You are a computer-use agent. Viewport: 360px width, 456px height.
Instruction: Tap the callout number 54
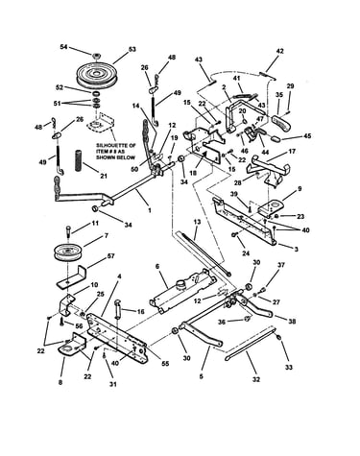pyautogui.click(x=64, y=47)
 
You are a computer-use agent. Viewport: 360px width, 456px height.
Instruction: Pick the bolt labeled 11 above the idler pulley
pyautogui.click(x=69, y=230)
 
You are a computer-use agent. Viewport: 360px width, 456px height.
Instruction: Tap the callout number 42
pyautogui.click(x=279, y=51)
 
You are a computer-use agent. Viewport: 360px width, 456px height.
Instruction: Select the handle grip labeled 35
pyautogui.click(x=282, y=123)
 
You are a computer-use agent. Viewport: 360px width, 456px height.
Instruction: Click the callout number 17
pyautogui.click(x=292, y=151)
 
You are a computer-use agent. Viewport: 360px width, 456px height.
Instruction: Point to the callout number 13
pyautogui.click(x=197, y=222)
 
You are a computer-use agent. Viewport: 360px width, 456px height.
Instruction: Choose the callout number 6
pyautogui.click(x=156, y=266)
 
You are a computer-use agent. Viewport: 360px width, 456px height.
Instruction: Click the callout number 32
pyautogui.click(x=256, y=379)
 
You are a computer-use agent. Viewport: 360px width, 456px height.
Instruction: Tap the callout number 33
pyautogui.click(x=289, y=368)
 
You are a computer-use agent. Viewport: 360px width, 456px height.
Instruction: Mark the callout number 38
pyautogui.click(x=292, y=322)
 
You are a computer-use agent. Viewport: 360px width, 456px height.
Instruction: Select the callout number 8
pyautogui.click(x=60, y=382)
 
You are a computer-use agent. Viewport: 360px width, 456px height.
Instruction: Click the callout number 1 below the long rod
pyautogui.click(x=150, y=211)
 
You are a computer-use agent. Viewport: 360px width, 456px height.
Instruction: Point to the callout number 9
pyautogui.click(x=300, y=189)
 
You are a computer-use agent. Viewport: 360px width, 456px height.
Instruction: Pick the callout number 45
pyautogui.click(x=307, y=136)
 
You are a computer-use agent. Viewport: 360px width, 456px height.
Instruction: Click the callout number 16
pyautogui.click(x=140, y=311)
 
